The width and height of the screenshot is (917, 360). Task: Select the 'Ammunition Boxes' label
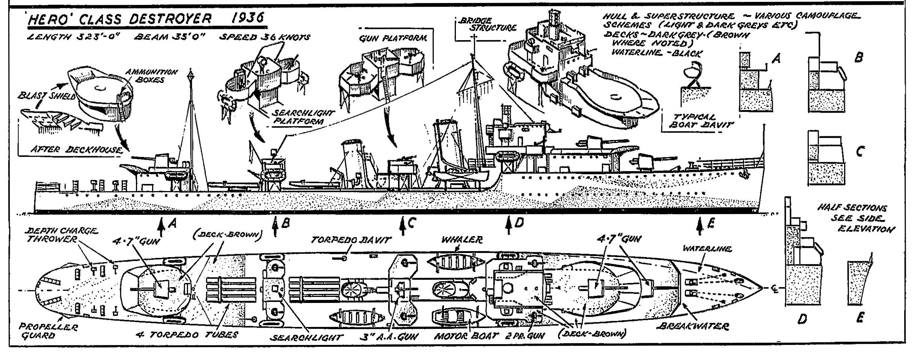(x=151, y=75)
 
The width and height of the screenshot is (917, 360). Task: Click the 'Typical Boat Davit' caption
(x=698, y=121)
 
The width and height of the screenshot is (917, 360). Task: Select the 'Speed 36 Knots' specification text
(x=265, y=37)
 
